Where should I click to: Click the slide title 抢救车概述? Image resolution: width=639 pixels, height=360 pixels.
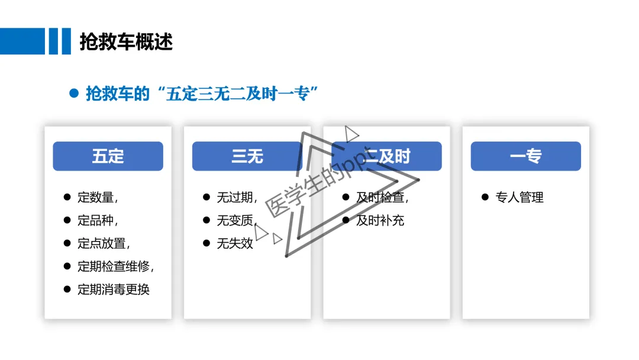126,42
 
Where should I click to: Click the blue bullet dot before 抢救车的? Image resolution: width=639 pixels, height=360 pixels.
74,94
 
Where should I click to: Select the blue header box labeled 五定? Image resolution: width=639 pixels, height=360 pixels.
108,156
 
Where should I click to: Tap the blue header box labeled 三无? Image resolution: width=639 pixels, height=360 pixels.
247,156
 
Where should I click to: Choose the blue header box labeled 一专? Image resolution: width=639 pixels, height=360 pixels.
525,156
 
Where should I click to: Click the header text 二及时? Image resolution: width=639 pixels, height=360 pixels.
388,156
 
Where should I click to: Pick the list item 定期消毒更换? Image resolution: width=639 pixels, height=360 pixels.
114,290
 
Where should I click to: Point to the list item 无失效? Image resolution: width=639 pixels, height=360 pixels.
235,243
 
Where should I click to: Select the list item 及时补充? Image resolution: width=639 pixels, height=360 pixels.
380,221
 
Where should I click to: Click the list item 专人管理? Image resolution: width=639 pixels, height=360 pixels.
519,198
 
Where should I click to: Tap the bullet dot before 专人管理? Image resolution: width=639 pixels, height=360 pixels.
485,197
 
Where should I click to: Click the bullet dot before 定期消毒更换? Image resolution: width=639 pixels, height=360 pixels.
67,289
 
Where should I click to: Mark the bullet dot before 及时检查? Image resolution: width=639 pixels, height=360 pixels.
346,197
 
